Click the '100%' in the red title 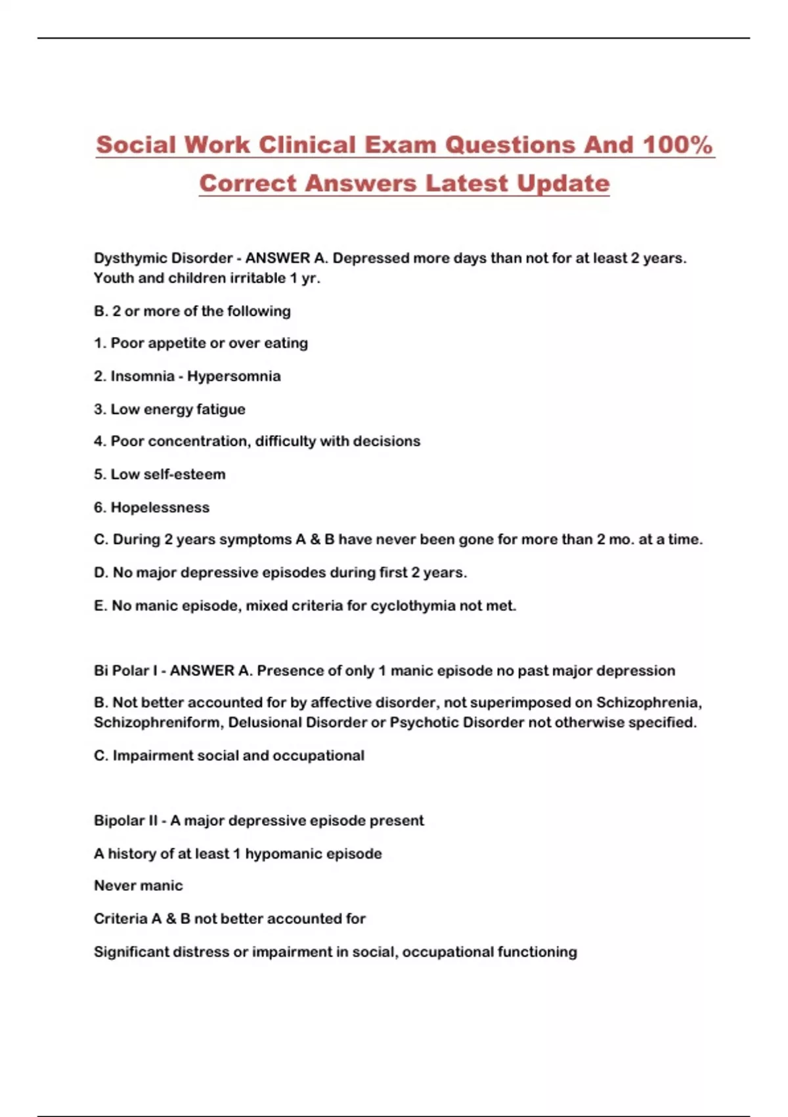678,145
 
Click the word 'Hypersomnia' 234,376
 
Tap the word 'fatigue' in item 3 221,409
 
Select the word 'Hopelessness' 160,507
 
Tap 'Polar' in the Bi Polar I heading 131,671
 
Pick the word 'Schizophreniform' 157,723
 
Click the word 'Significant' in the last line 131,952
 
